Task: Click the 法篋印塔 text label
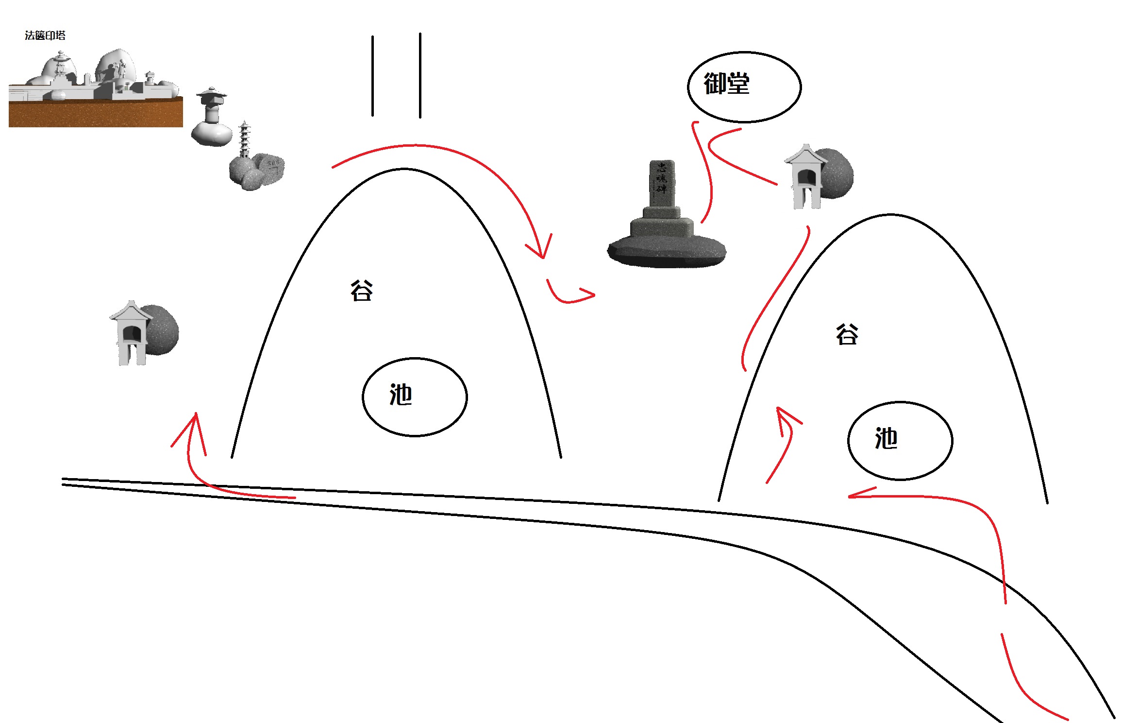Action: [x=45, y=35]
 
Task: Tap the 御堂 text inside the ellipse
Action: [x=727, y=84]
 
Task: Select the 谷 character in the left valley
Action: [x=362, y=291]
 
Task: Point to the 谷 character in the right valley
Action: [x=847, y=334]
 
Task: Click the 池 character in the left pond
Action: [x=401, y=395]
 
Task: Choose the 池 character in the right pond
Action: [x=887, y=438]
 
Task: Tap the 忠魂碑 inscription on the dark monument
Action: [x=662, y=178]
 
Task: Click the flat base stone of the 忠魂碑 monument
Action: [x=667, y=251]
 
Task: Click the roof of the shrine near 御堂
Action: [x=805, y=155]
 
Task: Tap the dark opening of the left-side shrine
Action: [x=131, y=334]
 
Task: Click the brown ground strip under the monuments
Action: [x=96, y=113]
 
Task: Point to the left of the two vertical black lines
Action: [x=373, y=76]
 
